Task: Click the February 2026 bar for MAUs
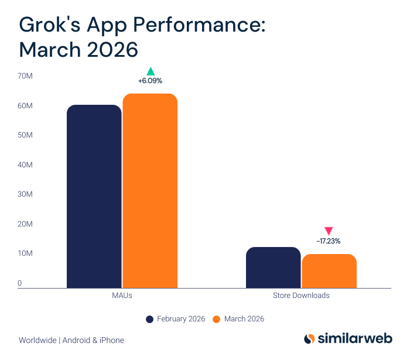pyautogui.click(x=94, y=197)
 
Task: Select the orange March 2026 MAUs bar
pyautogui.click(x=150, y=191)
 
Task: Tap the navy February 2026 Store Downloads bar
pyautogui.click(x=273, y=268)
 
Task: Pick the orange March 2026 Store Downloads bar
pyautogui.click(x=329, y=271)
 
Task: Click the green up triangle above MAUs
pyautogui.click(x=150, y=71)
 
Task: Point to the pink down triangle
pyautogui.click(x=329, y=231)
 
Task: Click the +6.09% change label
pyautogui.click(x=150, y=81)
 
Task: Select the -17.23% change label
pyautogui.click(x=329, y=241)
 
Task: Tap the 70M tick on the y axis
pyautogui.click(x=25, y=76)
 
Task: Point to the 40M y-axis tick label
pyautogui.click(x=25, y=165)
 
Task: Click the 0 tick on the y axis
pyautogui.click(x=20, y=283)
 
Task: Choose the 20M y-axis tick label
pyautogui.click(x=25, y=224)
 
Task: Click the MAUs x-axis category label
pyautogui.click(x=122, y=296)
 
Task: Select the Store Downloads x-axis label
pyautogui.click(x=301, y=296)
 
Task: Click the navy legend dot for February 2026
pyautogui.click(x=150, y=319)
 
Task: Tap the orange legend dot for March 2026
pyautogui.click(x=216, y=319)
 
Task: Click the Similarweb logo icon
pyautogui.click(x=309, y=339)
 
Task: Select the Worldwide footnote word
pyautogui.click(x=37, y=340)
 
